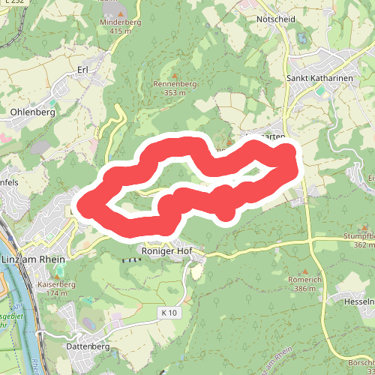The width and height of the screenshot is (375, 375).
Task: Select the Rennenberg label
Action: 175,84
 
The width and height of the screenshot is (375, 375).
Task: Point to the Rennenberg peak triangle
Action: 175,75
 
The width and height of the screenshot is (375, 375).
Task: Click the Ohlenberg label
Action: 33,112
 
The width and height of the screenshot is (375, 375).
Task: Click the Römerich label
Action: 304,279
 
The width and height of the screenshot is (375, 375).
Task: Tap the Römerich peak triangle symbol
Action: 304,270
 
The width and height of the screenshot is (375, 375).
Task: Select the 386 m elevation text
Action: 304,288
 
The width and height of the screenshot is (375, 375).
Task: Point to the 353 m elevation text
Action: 175,92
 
